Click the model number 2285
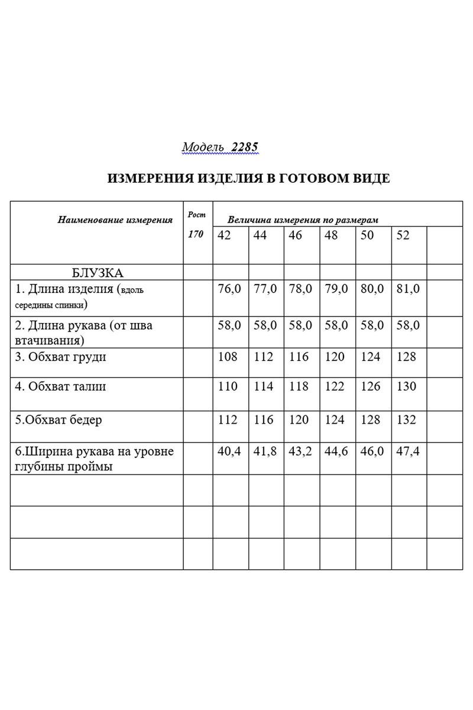(x=245, y=147)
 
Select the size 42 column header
(x=224, y=235)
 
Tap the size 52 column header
(x=403, y=235)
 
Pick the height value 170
(x=196, y=234)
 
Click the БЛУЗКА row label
(x=98, y=273)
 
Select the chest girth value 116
(x=299, y=357)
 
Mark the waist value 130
(x=407, y=386)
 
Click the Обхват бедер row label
(x=59, y=420)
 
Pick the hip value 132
(x=407, y=419)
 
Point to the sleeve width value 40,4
(x=229, y=451)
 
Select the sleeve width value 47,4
(x=408, y=451)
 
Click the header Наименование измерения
(x=115, y=220)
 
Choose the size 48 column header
(x=331, y=235)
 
